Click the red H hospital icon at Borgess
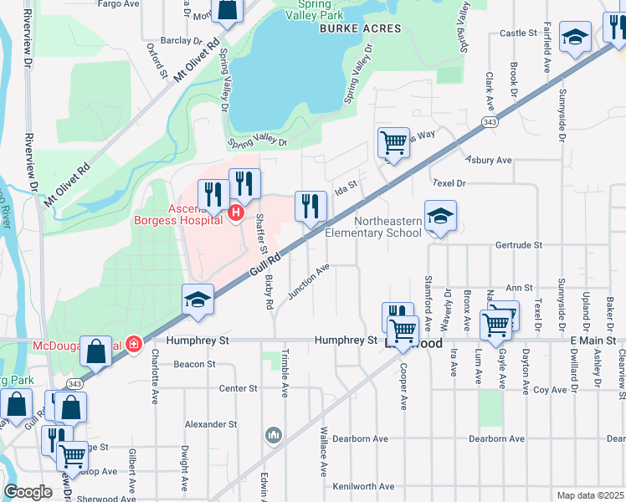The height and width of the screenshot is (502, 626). pos(236,214)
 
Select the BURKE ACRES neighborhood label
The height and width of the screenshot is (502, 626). pos(361,28)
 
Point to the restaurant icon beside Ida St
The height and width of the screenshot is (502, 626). pos(310,206)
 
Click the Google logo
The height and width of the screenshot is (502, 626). pos(28,491)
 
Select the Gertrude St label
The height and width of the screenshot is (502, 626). pos(519,246)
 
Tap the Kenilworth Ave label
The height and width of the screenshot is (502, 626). pos(362,486)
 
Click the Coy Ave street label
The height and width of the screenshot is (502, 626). pos(551,390)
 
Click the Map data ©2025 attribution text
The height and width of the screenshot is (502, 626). pos(590,495)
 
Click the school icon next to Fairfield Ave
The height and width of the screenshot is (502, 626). pos(575,36)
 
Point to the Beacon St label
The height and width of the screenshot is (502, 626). pos(194,365)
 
